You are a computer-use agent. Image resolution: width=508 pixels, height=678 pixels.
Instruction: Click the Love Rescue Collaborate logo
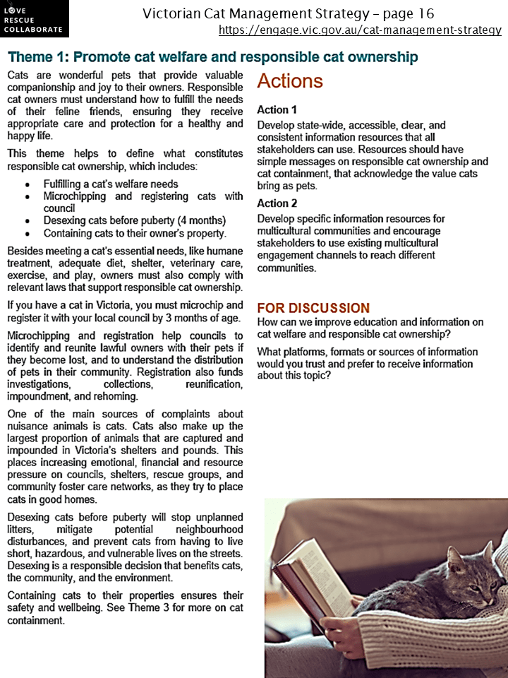point(35,18)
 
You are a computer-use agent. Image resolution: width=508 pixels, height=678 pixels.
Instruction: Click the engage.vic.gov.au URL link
point(360,30)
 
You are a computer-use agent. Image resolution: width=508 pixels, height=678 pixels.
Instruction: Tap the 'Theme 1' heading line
point(212,57)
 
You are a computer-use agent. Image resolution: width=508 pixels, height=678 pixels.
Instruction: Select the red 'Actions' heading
point(290,81)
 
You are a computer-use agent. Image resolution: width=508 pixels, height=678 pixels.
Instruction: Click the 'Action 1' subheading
point(277,110)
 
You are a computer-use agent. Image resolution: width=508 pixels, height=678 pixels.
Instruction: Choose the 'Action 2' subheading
point(277,203)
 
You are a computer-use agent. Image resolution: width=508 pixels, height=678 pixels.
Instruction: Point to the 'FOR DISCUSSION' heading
point(313,308)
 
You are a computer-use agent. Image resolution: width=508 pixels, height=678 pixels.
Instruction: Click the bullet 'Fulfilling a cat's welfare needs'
point(111,184)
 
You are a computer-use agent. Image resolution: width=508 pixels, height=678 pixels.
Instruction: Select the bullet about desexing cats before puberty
point(134,220)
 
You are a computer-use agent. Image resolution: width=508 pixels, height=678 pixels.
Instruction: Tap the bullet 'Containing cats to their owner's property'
point(135,233)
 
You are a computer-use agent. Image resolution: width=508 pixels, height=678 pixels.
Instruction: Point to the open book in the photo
point(310,576)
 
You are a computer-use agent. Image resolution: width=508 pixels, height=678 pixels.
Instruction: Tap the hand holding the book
point(346,625)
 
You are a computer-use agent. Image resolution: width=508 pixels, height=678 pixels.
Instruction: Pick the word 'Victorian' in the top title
point(174,13)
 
